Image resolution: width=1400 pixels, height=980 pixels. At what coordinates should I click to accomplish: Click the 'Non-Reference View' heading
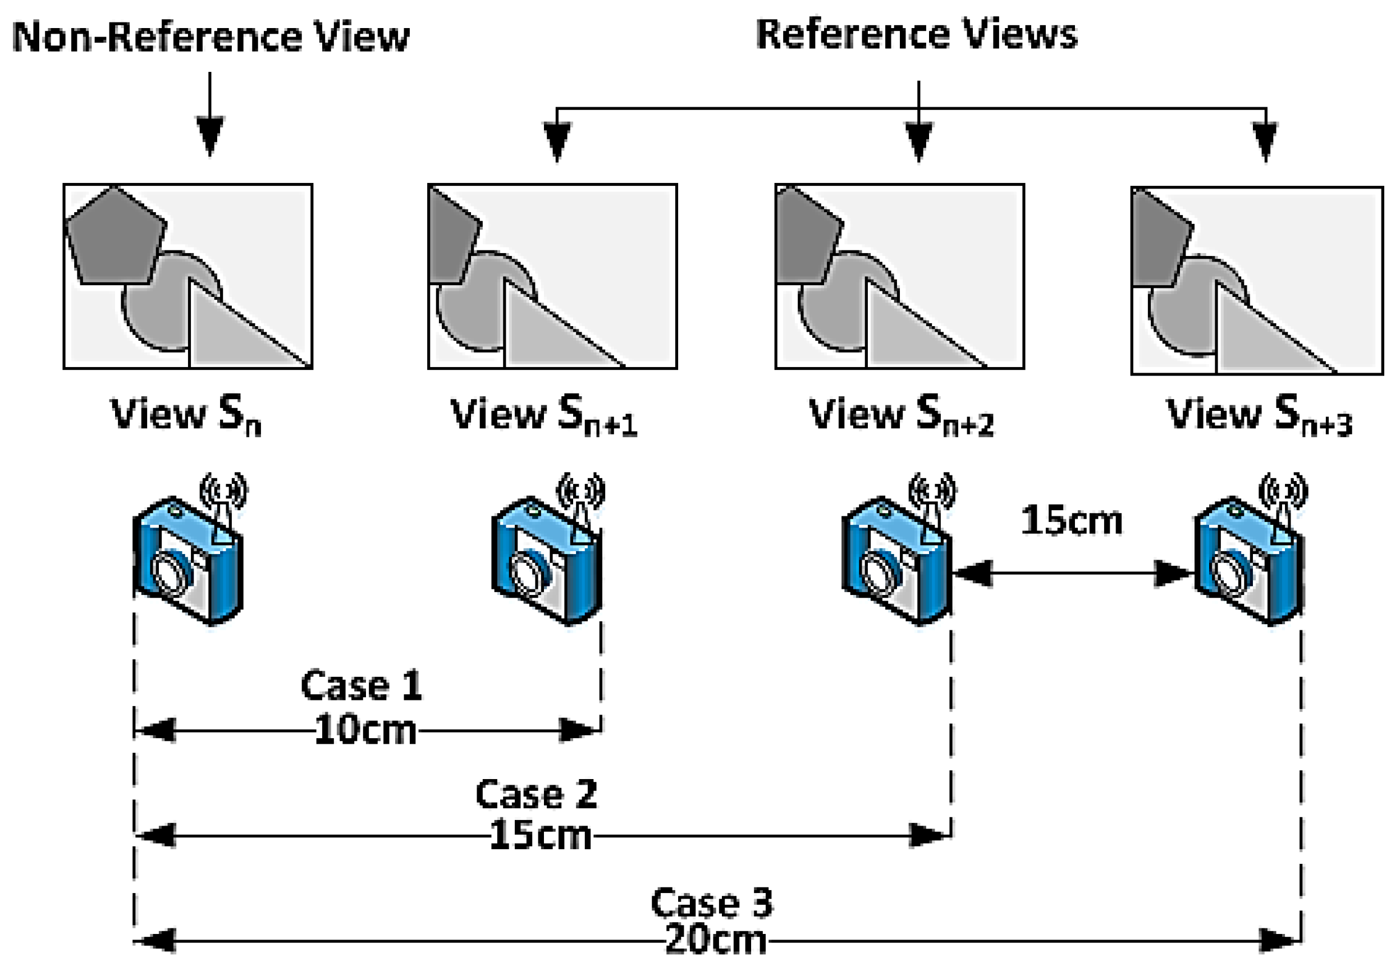(x=211, y=36)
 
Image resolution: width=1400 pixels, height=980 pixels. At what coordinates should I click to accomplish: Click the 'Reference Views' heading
(x=917, y=34)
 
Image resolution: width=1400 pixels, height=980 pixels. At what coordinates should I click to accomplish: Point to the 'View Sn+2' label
(x=901, y=415)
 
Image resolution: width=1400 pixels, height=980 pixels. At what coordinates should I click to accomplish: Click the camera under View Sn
(x=188, y=561)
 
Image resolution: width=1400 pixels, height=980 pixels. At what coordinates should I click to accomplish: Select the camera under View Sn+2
(x=896, y=561)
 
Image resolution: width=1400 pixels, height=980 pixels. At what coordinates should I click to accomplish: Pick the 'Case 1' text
(x=361, y=685)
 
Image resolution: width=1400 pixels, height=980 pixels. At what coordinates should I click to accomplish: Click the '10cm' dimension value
(x=365, y=730)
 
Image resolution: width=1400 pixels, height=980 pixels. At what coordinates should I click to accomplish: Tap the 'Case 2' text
(x=536, y=794)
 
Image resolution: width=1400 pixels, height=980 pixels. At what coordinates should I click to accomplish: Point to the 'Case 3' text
(x=712, y=903)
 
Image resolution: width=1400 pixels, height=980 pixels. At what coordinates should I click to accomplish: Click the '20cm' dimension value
(x=715, y=940)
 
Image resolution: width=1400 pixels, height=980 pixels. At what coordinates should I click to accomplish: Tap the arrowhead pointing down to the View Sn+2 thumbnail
(x=919, y=141)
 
